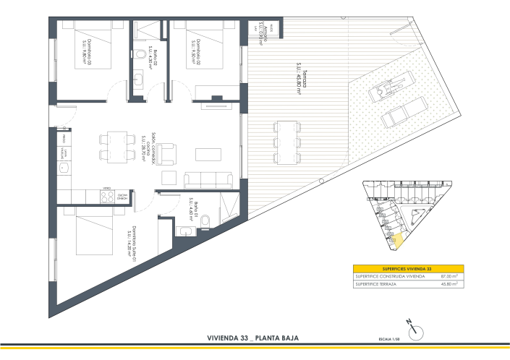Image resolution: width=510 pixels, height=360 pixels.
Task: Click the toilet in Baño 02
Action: [140, 54]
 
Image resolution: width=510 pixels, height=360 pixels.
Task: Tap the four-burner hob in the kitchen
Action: [107, 196]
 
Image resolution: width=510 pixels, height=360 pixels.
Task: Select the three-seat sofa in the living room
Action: [208, 181]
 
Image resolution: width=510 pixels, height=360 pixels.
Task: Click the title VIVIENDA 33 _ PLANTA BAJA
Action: [253, 338]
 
